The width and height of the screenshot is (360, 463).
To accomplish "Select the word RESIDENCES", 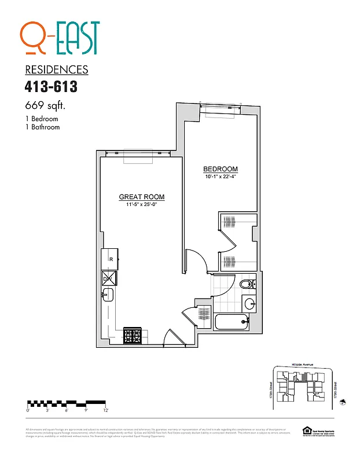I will (57, 70).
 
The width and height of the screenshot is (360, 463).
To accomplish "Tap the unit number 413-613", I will (51, 87).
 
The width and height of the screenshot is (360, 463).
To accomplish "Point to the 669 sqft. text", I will (45, 106).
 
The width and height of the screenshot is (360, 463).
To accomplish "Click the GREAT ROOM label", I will (142, 197).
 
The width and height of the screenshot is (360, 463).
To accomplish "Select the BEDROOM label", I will (221, 169).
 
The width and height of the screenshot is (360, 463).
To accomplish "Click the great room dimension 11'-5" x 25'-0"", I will (142, 204).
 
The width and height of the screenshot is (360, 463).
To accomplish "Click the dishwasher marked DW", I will (108, 279).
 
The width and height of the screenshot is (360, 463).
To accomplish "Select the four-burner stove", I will (133, 336).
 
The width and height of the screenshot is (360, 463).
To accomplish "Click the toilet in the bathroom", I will (246, 284).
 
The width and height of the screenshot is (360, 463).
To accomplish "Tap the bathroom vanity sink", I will (249, 303).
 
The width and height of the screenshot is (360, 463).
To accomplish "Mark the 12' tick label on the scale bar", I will (105, 410).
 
